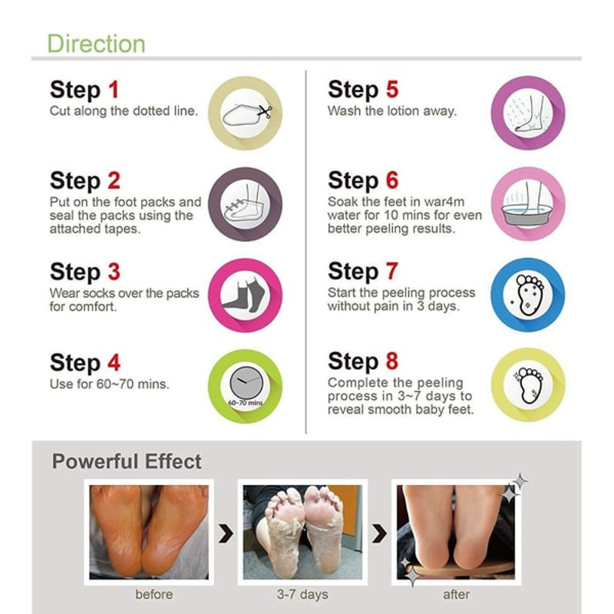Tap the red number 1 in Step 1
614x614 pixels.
coord(113,91)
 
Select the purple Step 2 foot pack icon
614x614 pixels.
coord(246,204)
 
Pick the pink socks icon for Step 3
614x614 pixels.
coord(246,295)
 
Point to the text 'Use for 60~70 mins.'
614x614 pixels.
coord(109,384)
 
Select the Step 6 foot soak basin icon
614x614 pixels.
coord(527,204)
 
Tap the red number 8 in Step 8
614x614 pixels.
coord(391,361)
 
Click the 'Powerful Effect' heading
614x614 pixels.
coord(127,461)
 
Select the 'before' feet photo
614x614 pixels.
coord(148,530)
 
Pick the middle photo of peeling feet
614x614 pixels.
coord(302,530)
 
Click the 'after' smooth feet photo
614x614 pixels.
coord(456,530)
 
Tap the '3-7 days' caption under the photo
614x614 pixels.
coord(302,594)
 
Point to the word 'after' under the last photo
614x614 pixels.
coord(456,594)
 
